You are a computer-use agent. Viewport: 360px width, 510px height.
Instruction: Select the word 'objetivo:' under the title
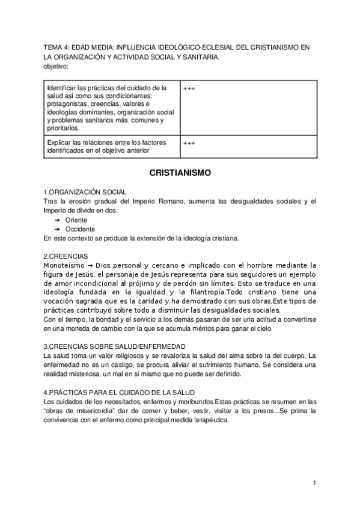tap(57, 66)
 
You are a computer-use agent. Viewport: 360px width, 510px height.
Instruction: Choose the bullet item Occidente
tap(79, 229)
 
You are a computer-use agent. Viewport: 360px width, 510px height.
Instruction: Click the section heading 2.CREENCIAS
tap(67, 256)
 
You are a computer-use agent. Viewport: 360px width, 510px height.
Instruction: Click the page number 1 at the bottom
tap(314, 483)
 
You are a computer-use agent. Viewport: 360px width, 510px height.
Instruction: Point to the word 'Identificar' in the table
tap(61, 88)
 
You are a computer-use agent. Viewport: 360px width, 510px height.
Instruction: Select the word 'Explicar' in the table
tap(59, 142)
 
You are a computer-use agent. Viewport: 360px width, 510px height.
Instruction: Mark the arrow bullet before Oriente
tap(57, 220)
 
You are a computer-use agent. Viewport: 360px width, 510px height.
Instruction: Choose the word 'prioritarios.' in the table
tap(62, 128)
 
